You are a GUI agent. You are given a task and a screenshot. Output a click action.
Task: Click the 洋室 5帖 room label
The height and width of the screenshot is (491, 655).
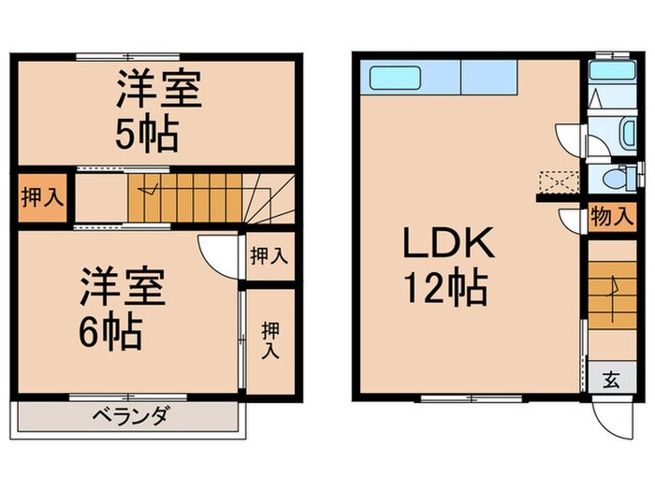156,115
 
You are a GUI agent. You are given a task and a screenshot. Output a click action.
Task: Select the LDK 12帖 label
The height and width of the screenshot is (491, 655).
447,266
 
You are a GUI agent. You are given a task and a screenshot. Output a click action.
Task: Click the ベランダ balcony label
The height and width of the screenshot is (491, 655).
130,416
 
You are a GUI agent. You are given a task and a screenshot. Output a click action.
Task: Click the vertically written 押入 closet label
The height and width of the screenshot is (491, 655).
270,340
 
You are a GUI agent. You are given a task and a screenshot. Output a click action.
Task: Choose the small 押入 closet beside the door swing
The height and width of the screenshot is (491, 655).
269,255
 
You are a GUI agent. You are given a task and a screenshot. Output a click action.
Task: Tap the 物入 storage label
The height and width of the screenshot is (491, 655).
610,219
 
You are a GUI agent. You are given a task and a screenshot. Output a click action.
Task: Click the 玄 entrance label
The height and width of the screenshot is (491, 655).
610,380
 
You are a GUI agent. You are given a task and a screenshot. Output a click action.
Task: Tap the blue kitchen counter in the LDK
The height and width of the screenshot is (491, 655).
441,77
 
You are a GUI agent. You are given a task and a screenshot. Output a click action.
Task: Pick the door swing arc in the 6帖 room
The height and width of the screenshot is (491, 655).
217,253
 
